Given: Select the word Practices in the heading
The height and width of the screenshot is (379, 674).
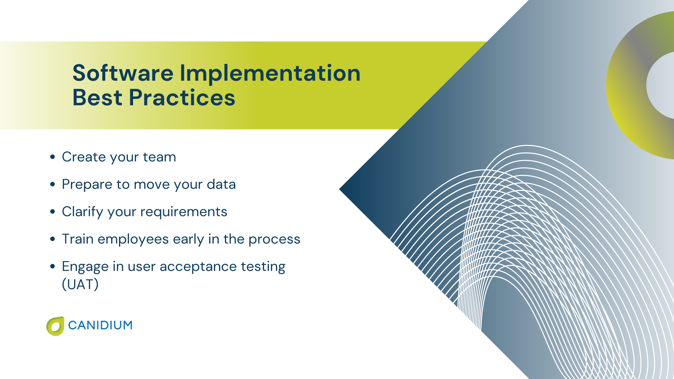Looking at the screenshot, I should click(x=182, y=98).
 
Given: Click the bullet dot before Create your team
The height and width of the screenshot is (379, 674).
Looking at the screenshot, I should click(x=53, y=157).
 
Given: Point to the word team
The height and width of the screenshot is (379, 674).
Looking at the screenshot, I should click(x=159, y=157).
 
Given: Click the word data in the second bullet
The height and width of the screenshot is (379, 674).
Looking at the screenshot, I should click(x=221, y=184).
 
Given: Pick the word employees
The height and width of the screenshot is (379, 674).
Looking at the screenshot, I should click(x=133, y=239).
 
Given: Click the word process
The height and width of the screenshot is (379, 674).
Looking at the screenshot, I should click(x=274, y=239).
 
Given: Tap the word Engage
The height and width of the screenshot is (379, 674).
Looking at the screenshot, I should click(x=85, y=267).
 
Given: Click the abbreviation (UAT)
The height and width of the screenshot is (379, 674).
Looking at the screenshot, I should click(x=80, y=285).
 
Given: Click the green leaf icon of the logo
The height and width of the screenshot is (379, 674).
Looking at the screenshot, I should click(x=55, y=326).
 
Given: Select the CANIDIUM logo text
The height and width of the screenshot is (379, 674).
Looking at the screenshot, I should click(x=100, y=325).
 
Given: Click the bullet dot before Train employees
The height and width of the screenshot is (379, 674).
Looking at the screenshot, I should click(x=53, y=239).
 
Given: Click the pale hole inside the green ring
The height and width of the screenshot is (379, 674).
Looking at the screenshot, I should click(x=662, y=85).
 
